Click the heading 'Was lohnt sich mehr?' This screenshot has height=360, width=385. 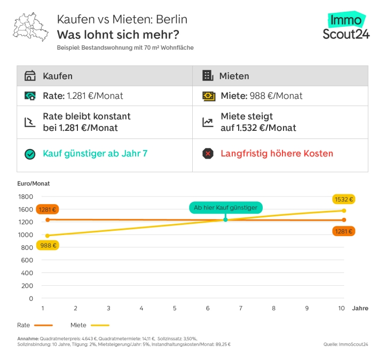[117, 35]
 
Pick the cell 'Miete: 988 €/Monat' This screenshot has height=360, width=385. [261, 96]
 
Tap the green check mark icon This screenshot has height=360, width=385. [30, 154]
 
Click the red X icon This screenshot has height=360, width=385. [208, 154]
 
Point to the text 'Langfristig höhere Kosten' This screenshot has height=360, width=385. [277, 154]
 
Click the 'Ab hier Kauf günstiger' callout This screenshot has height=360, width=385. [225, 207]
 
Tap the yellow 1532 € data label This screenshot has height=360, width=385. [344, 199]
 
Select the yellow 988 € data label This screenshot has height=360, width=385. [47, 245]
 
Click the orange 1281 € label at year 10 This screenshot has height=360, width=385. [344, 231]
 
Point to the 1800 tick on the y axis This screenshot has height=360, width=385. [26, 197]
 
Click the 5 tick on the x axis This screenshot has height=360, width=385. [175, 308]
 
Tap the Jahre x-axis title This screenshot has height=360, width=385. [359, 308]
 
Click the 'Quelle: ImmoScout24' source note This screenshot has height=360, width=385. [345, 345]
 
